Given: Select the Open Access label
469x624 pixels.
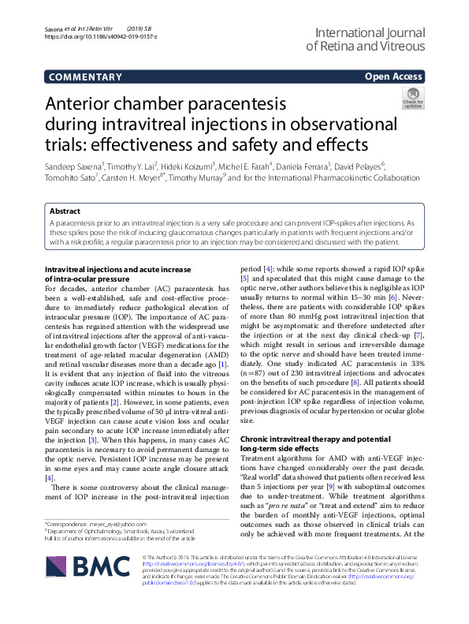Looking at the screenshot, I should pyautogui.click(x=393, y=77).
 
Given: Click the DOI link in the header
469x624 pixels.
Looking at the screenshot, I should pyautogui.click(x=101, y=36).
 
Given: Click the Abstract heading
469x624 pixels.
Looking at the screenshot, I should pyautogui.click(x=65, y=211).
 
